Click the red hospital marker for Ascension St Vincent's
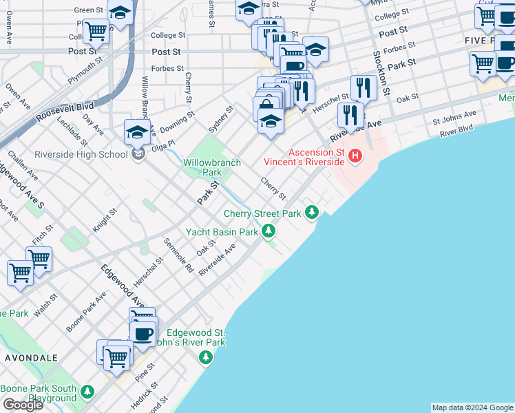[355, 156]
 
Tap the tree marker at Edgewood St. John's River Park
[205, 357]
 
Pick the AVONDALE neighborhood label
[31, 359]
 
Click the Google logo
[23, 405]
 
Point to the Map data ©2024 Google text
[472, 407]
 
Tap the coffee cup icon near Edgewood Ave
[143, 334]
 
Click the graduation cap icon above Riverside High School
[136, 131]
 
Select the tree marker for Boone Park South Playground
[86, 391]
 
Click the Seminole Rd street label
[178, 255]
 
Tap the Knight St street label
[102, 221]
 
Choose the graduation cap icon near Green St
[120, 13]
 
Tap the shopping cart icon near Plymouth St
[96, 30]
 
